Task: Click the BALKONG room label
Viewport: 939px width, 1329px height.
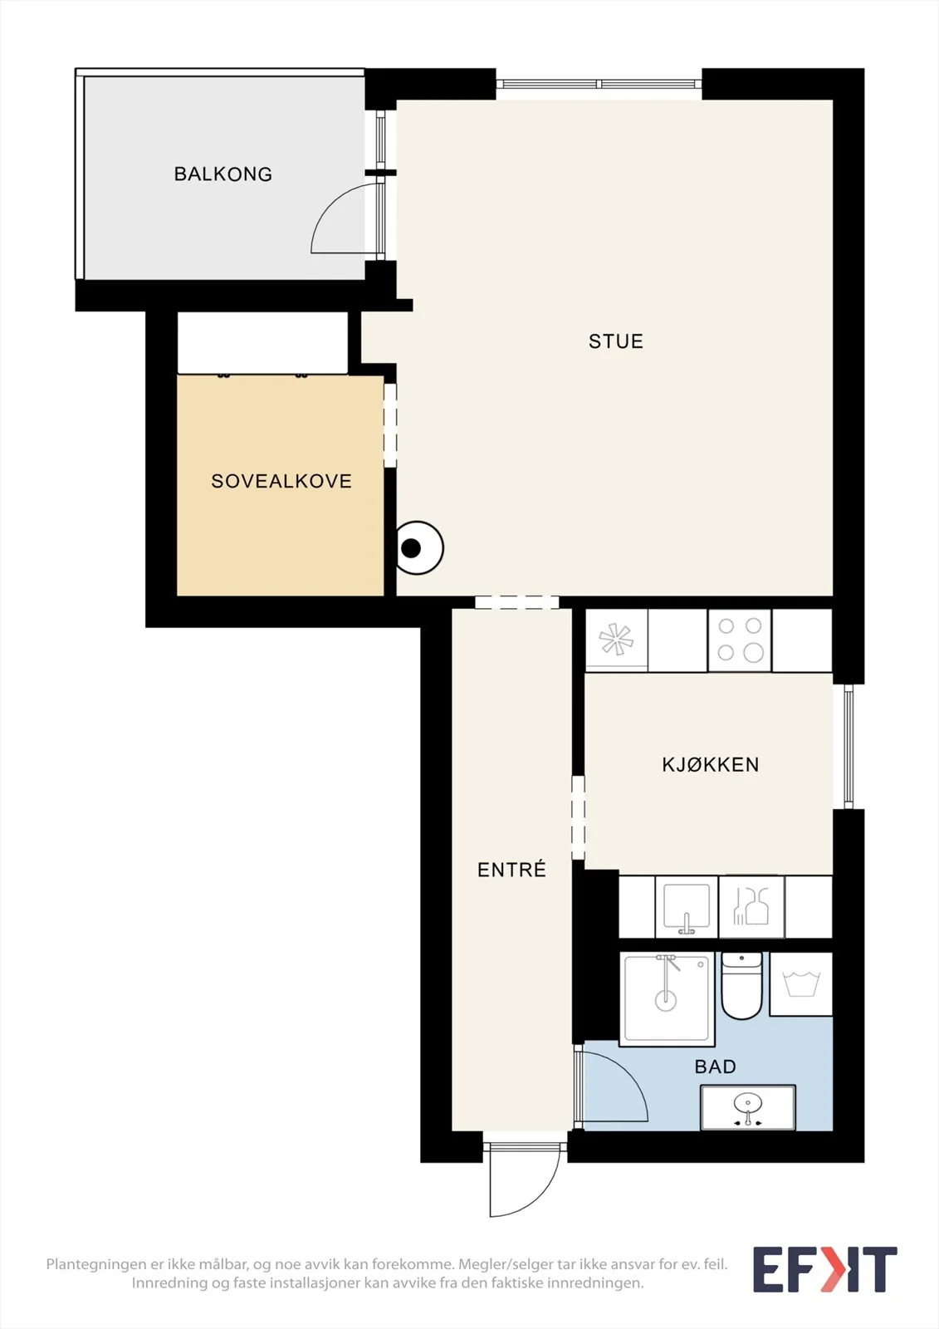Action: (223, 174)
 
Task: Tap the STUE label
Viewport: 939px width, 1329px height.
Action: (616, 341)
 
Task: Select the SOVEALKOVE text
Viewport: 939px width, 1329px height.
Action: (281, 481)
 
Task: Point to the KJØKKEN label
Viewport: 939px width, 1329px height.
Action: (711, 764)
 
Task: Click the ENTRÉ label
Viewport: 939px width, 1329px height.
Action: (511, 869)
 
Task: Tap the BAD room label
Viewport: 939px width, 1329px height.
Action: (716, 1067)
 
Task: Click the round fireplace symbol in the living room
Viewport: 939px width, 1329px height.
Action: (418, 547)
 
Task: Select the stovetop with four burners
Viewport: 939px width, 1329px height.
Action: (740, 640)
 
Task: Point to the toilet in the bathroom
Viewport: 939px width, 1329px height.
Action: (741, 985)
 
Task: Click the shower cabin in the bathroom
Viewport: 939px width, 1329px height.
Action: (667, 999)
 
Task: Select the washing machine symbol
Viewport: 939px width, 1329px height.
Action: (801, 983)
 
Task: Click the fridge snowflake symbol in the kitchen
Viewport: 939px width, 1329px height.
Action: (616, 640)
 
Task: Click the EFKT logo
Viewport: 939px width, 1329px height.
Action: (824, 1270)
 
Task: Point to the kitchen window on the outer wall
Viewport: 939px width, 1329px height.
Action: (849, 747)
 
